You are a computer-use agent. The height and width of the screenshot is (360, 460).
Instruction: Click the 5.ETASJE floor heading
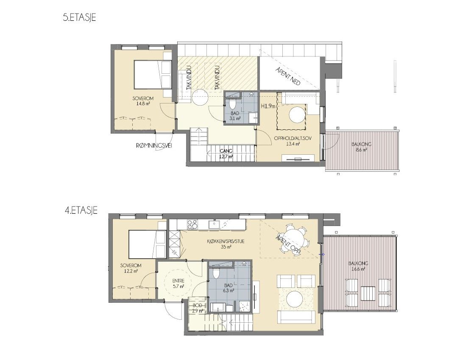coord(80,18)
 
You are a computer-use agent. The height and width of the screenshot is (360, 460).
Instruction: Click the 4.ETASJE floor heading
coord(81,211)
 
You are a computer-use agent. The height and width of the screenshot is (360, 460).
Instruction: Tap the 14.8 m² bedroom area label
coord(143,103)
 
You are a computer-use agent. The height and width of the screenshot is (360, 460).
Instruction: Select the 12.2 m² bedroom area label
coord(131,271)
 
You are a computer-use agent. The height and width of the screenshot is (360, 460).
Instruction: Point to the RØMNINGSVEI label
coord(154,144)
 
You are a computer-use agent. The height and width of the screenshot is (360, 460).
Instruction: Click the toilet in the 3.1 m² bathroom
coord(233,104)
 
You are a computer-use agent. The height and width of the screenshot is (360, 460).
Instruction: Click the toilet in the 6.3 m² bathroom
coord(216,273)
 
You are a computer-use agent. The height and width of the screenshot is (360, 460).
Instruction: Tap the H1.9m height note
coord(268,106)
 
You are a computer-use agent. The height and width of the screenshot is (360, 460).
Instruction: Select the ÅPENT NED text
coord(288,76)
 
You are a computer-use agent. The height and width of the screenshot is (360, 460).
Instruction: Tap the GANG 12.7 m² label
coord(226,154)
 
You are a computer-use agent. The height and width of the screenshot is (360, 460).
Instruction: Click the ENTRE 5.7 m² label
coord(178,283)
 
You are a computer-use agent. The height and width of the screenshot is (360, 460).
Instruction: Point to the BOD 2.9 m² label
coord(198,308)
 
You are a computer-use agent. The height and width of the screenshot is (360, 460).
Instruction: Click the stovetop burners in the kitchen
coord(192,224)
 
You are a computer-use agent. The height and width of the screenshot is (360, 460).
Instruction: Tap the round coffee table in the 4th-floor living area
coord(295,299)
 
